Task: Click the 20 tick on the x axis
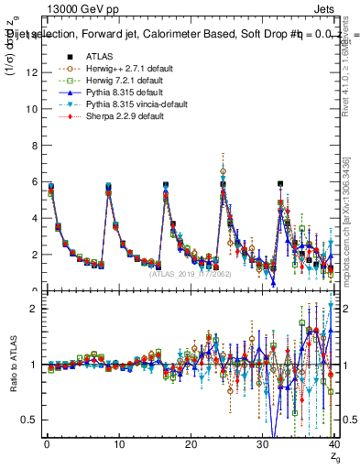tap(191, 445)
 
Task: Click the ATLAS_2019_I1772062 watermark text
tap(191, 273)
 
